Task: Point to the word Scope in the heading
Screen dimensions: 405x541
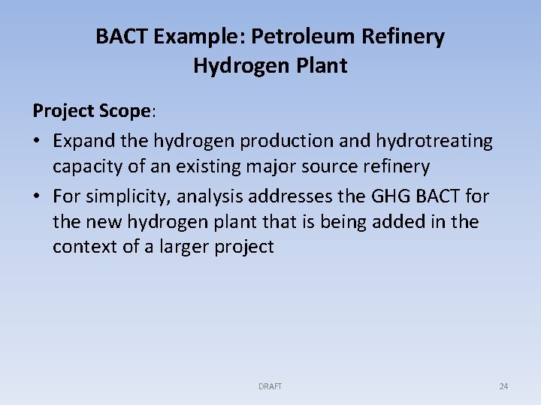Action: pos(125,111)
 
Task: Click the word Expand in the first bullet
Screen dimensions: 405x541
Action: pos(80,140)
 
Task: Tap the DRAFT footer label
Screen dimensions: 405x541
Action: pos(270,386)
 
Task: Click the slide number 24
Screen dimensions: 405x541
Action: pos(503,386)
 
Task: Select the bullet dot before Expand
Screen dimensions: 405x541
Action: pos(37,141)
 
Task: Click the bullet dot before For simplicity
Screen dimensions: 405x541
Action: pos(37,197)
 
